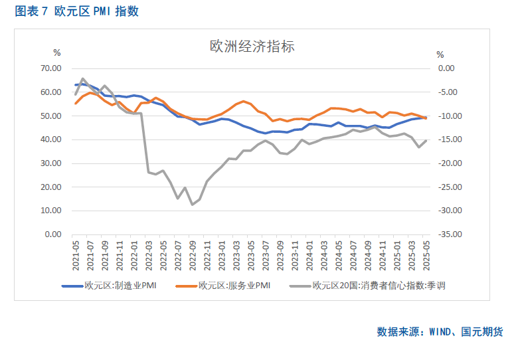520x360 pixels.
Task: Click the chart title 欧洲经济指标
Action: (x=252, y=46)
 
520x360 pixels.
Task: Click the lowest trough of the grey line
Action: (x=193, y=205)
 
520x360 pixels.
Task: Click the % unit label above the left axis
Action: (x=56, y=53)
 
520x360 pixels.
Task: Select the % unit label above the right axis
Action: (x=440, y=53)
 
